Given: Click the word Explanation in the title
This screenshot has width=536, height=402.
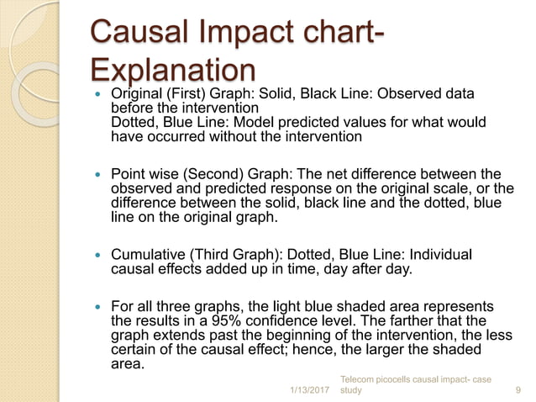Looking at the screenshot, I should pos(172,71).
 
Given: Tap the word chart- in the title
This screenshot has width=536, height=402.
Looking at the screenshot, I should pos(333,34).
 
